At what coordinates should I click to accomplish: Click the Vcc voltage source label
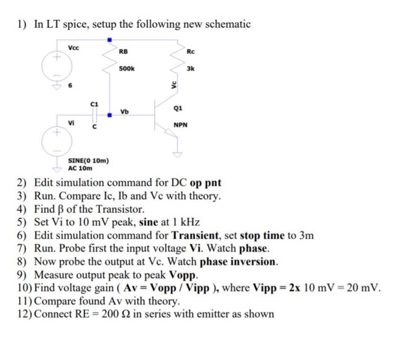point(73,48)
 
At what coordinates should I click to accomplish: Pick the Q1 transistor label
point(178,107)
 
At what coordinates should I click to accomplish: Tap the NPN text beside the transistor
point(181,125)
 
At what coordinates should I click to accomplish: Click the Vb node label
point(124,111)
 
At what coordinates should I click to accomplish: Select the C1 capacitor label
point(94,104)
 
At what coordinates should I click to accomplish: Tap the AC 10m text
point(80,168)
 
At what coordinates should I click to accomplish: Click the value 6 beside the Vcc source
point(71,86)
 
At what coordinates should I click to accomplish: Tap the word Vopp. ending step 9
point(183,275)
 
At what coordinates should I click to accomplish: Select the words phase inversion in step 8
point(239,262)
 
